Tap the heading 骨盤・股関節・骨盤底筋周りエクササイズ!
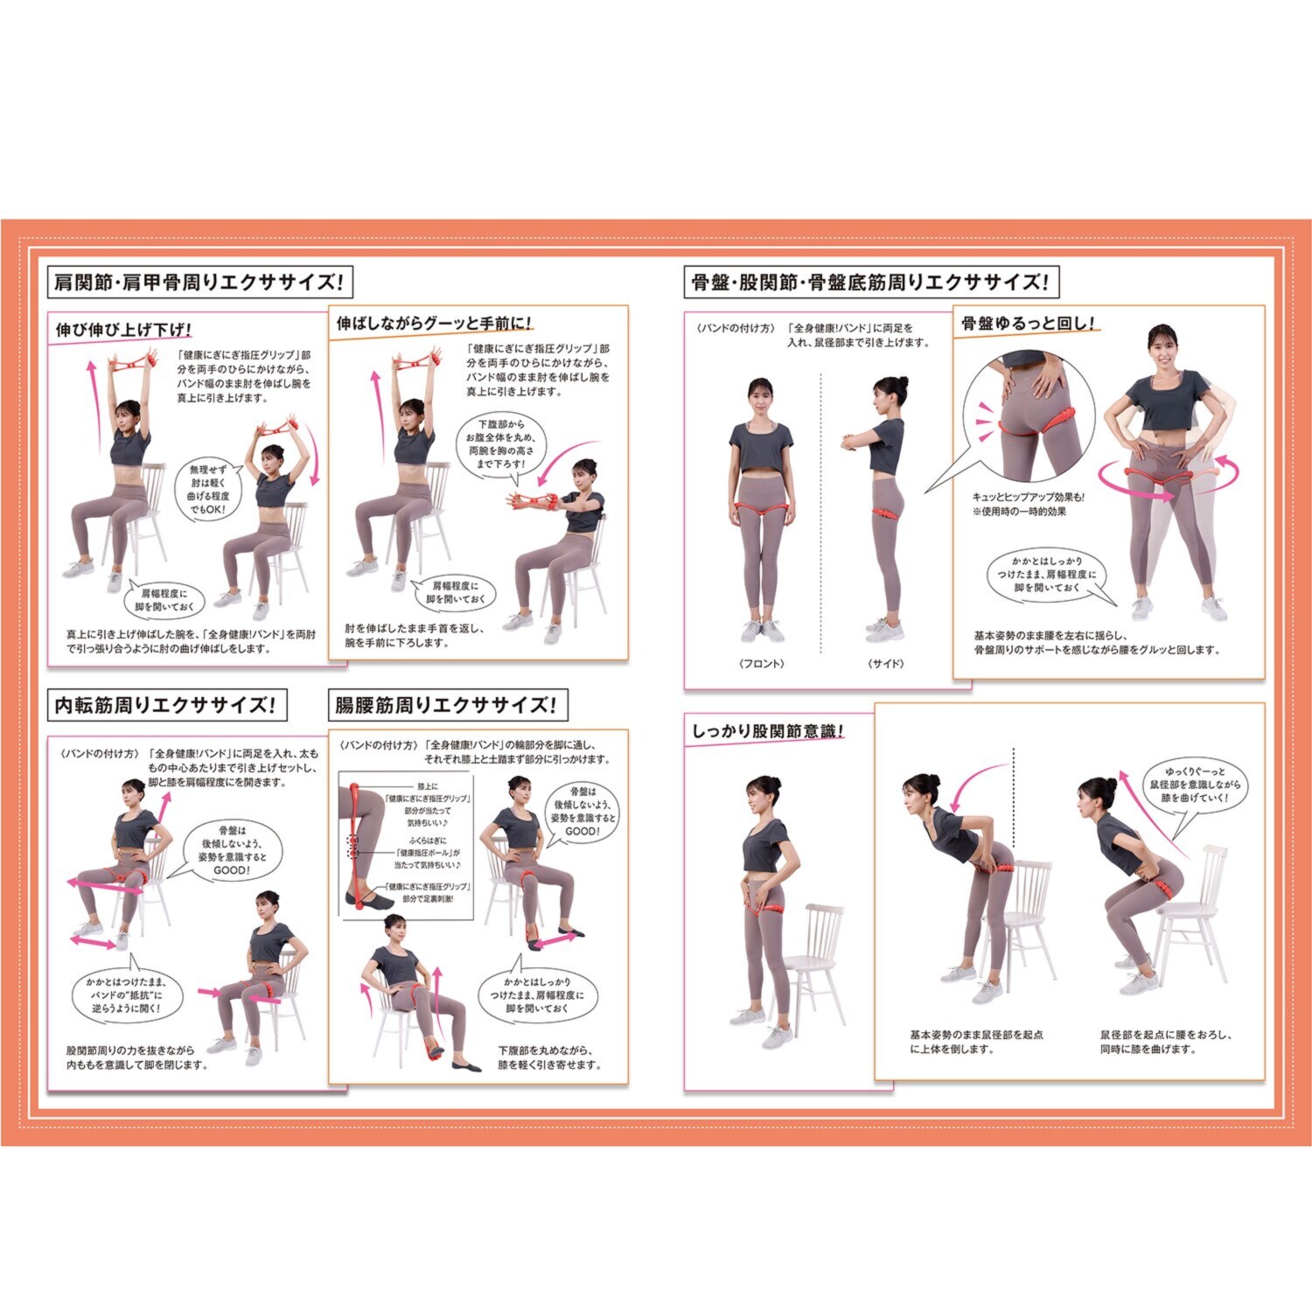[x=870, y=283]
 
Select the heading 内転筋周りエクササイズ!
[x=166, y=706]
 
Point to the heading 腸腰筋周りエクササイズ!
[x=447, y=706]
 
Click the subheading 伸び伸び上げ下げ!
[x=123, y=330]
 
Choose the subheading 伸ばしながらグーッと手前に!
[x=435, y=324]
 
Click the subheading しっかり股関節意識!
[x=768, y=731]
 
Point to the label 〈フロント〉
[x=761, y=664]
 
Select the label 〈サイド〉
[x=885, y=664]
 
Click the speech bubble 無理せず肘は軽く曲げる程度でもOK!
[x=210, y=490]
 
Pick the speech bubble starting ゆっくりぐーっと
[x=1195, y=787]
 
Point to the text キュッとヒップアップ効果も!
[x=1028, y=498]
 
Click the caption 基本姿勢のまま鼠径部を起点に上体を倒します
[x=976, y=1042]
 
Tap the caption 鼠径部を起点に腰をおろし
[x=1166, y=1042]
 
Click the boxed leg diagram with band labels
[x=406, y=846]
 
